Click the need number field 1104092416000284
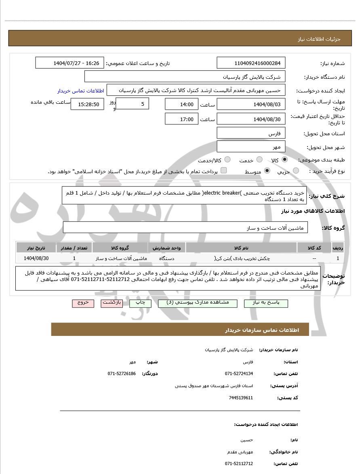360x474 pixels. coord(251,63)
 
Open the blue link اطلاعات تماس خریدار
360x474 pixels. coord(80,90)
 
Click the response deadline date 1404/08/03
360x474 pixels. coord(251,104)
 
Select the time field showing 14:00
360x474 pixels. coord(181,104)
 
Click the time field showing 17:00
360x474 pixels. coord(181,119)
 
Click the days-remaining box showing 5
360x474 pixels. coord(133,104)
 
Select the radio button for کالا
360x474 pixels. coord(284,160)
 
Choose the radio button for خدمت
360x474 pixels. coord(259,160)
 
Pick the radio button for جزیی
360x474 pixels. coord(296,171)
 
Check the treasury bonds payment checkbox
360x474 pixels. coord(223,170)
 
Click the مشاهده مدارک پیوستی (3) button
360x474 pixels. coord(198,303)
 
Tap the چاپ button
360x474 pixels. coord(140,303)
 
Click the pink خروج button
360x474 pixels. coord(83,303)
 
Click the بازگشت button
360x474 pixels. coord(112,303)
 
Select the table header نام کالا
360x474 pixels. coord(241,247)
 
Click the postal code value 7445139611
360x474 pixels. coord(241,398)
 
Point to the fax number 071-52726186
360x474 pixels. coord(122,373)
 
